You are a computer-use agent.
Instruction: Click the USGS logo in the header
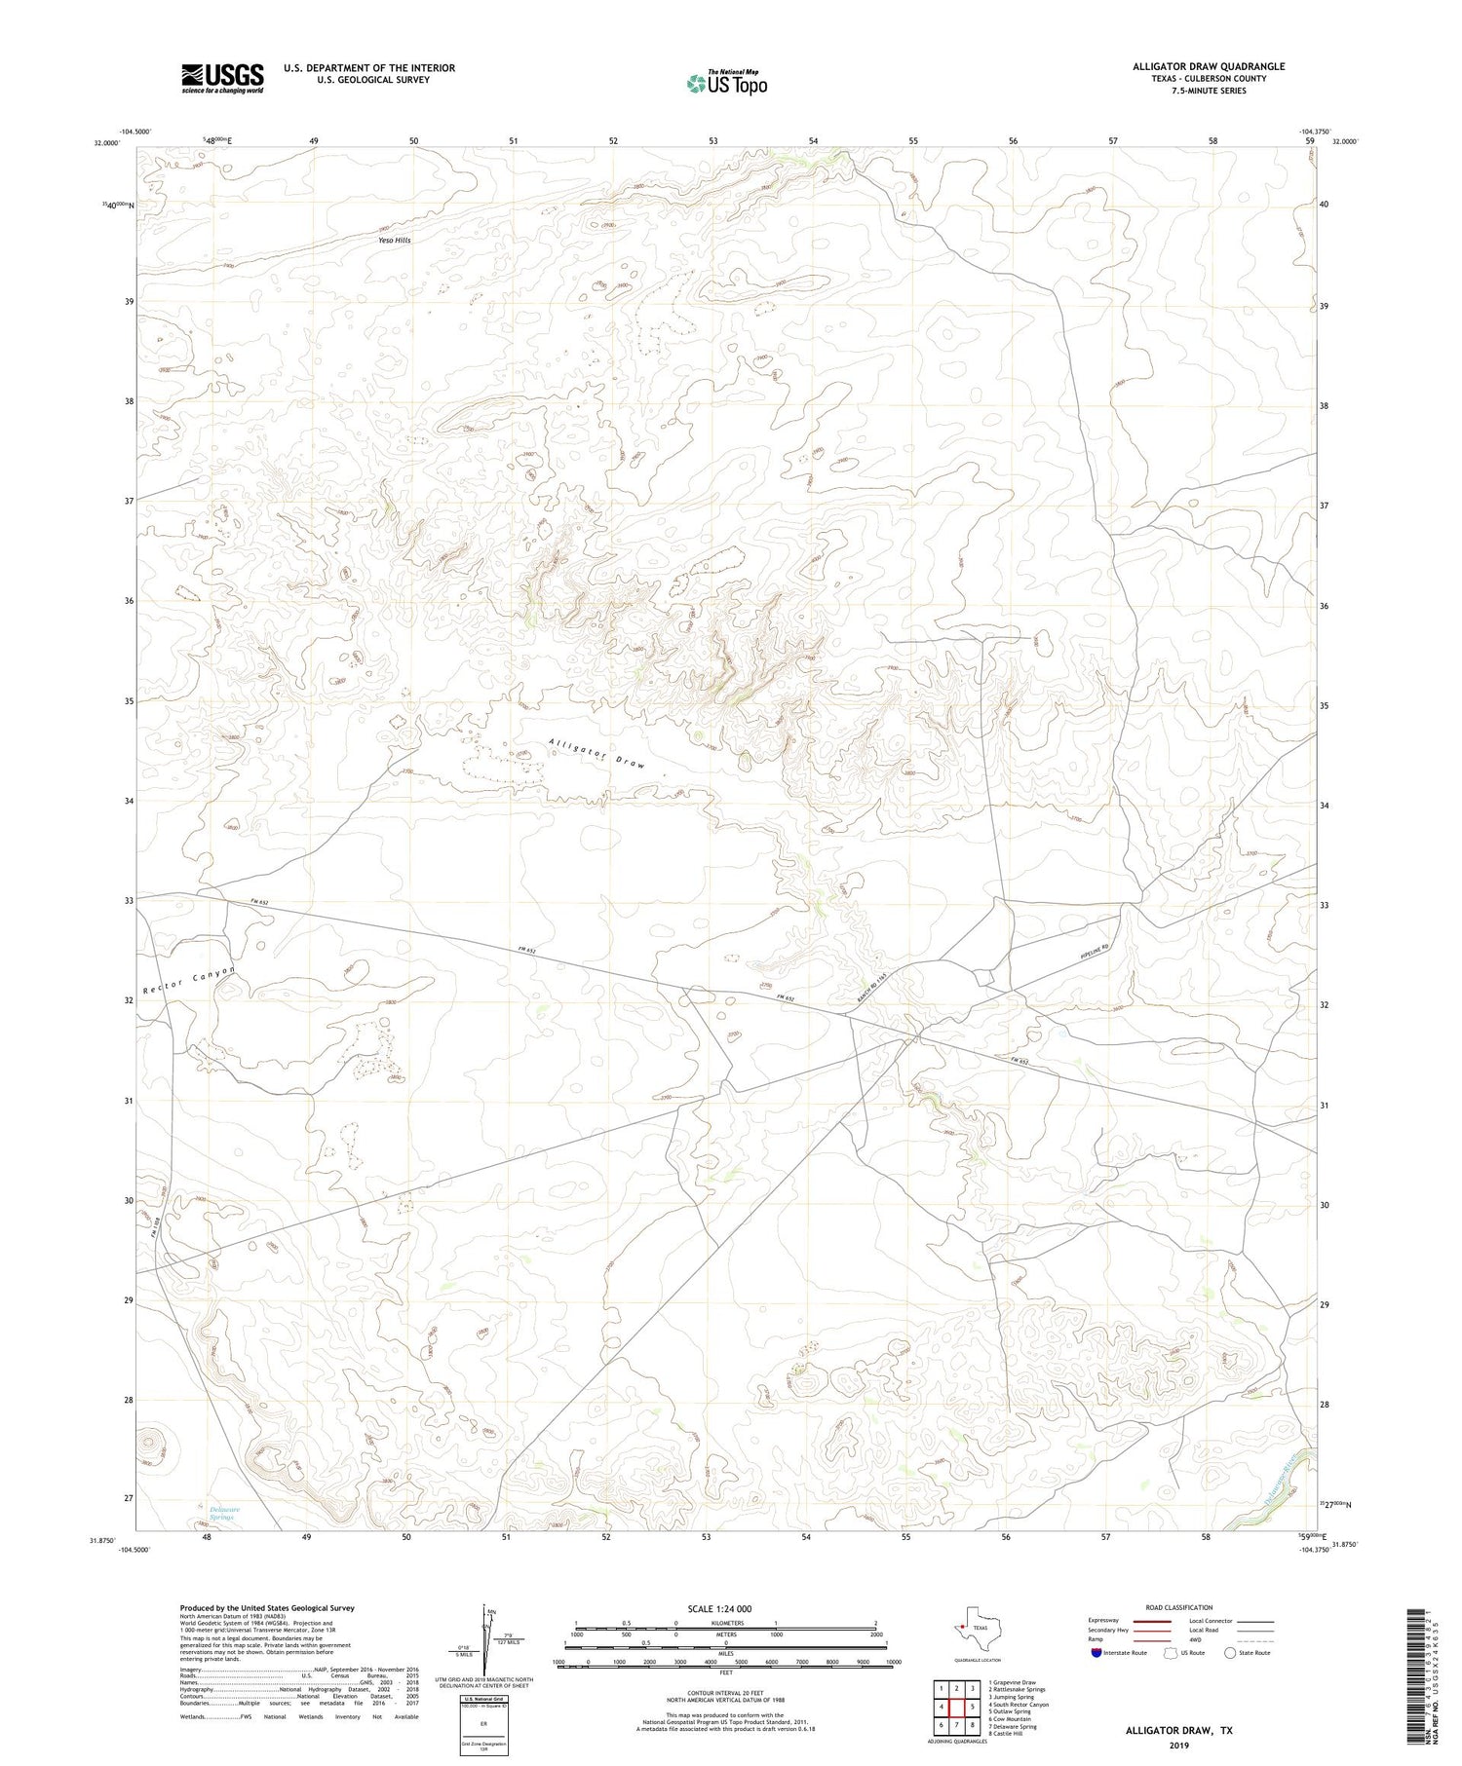(x=222, y=78)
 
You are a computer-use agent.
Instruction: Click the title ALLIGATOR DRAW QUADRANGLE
(x=1208, y=66)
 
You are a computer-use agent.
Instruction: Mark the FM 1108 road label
(x=155, y=1224)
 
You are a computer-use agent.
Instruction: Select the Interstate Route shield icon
(x=1096, y=1653)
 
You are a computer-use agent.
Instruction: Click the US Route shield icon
(x=1171, y=1653)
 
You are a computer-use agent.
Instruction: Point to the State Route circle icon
(x=1230, y=1653)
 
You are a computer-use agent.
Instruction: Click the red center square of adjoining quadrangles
(x=958, y=1708)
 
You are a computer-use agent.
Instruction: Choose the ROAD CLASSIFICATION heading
(x=1179, y=1607)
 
